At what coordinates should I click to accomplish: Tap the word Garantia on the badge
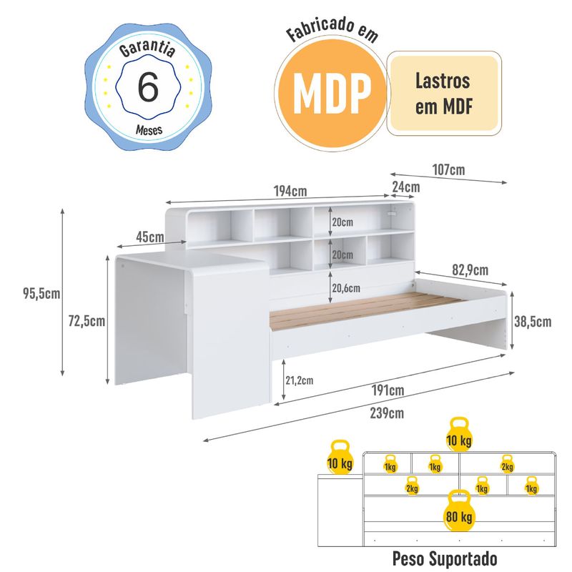(148, 50)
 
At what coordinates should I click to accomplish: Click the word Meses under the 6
(149, 130)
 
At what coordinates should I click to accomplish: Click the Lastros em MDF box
(443, 93)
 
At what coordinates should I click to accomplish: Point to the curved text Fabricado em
(331, 34)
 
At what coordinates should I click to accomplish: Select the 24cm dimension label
(405, 187)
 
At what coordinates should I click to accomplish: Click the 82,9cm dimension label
(470, 270)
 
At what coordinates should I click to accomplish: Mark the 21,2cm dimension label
(299, 380)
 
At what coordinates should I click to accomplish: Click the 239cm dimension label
(387, 413)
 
